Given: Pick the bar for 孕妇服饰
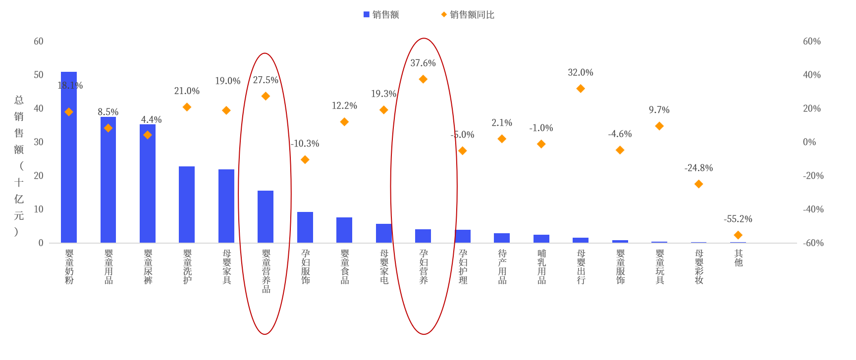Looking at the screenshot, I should point(305,227).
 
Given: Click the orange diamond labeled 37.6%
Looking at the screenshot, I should point(423,79).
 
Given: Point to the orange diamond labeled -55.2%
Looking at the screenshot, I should point(738,235).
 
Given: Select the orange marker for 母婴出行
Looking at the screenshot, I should point(581,89).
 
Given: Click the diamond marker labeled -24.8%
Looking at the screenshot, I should point(698,184).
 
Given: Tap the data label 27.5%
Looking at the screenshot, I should point(266,80).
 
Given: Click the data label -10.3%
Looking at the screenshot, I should point(305,144).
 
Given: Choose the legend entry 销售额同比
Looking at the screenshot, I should point(472,15).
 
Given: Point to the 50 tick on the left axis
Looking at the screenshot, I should point(39,75).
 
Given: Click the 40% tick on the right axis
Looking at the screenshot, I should point(811,75).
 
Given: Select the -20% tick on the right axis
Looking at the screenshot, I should point(813,176).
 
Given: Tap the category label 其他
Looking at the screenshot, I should point(738,258).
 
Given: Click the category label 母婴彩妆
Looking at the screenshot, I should point(699,267).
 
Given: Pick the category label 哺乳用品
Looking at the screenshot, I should point(541,267).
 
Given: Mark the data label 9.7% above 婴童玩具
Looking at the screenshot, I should point(659,110).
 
